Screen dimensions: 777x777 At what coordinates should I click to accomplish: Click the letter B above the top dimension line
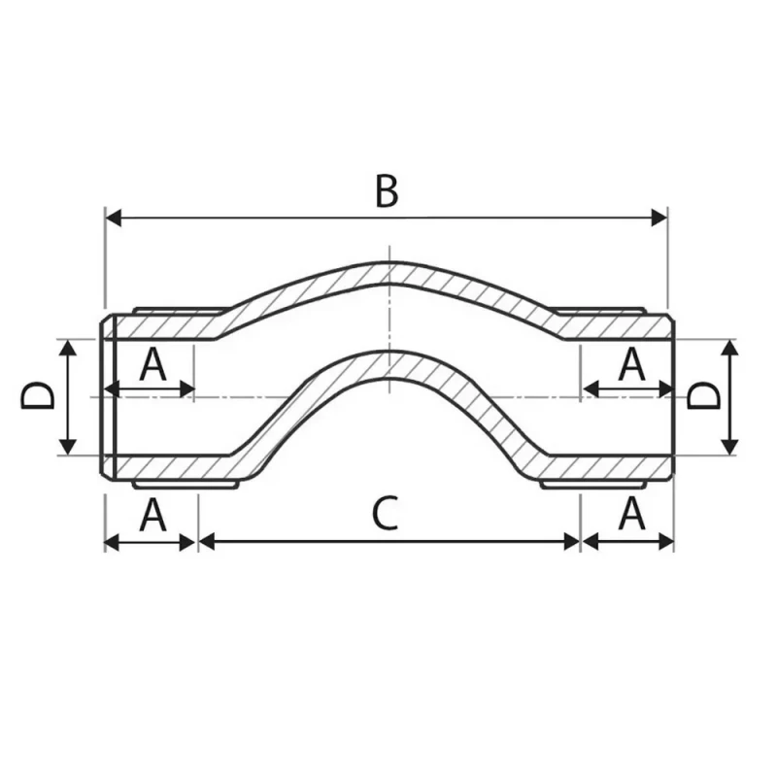(x=387, y=191)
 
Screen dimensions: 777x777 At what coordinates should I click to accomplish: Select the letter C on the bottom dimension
(x=385, y=514)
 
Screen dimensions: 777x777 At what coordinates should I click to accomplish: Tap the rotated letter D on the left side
(x=37, y=396)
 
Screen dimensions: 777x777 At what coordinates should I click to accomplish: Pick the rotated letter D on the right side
(x=703, y=396)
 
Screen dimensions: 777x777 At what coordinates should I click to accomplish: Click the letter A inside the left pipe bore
(x=152, y=364)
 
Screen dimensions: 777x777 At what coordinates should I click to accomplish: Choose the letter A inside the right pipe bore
(x=632, y=364)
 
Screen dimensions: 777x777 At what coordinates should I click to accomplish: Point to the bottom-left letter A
(x=152, y=515)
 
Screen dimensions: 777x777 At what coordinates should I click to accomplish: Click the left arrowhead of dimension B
(x=114, y=218)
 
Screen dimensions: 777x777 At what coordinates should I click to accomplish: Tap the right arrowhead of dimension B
(x=659, y=218)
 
